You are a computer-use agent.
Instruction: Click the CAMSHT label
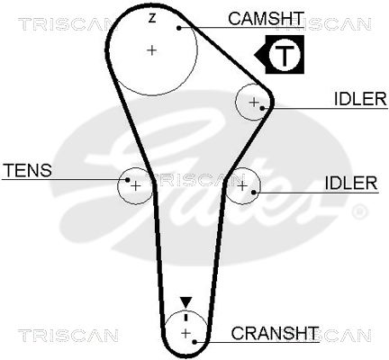click(266, 19)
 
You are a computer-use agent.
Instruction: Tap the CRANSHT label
click(275, 333)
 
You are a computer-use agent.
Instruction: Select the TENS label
click(27, 170)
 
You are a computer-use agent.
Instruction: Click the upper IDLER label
click(360, 98)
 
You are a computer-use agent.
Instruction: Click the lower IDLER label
click(351, 183)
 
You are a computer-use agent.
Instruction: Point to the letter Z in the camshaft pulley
click(152, 19)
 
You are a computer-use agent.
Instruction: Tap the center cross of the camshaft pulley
click(152, 49)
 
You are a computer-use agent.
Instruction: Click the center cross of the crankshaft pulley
click(186, 333)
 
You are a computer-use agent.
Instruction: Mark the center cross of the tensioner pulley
click(136, 186)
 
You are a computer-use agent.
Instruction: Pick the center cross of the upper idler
click(254, 103)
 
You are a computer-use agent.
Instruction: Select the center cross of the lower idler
click(242, 186)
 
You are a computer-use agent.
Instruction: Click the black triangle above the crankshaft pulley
click(185, 302)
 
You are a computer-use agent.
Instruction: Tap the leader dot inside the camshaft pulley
click(179, 28)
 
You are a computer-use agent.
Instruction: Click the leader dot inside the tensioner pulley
click(128, 180)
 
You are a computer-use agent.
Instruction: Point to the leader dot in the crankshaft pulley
click(194, 342)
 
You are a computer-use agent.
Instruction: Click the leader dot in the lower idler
click(254, 192)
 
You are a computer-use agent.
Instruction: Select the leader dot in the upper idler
click(262, 108)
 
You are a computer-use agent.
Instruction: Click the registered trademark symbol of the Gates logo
click(358, 211)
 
